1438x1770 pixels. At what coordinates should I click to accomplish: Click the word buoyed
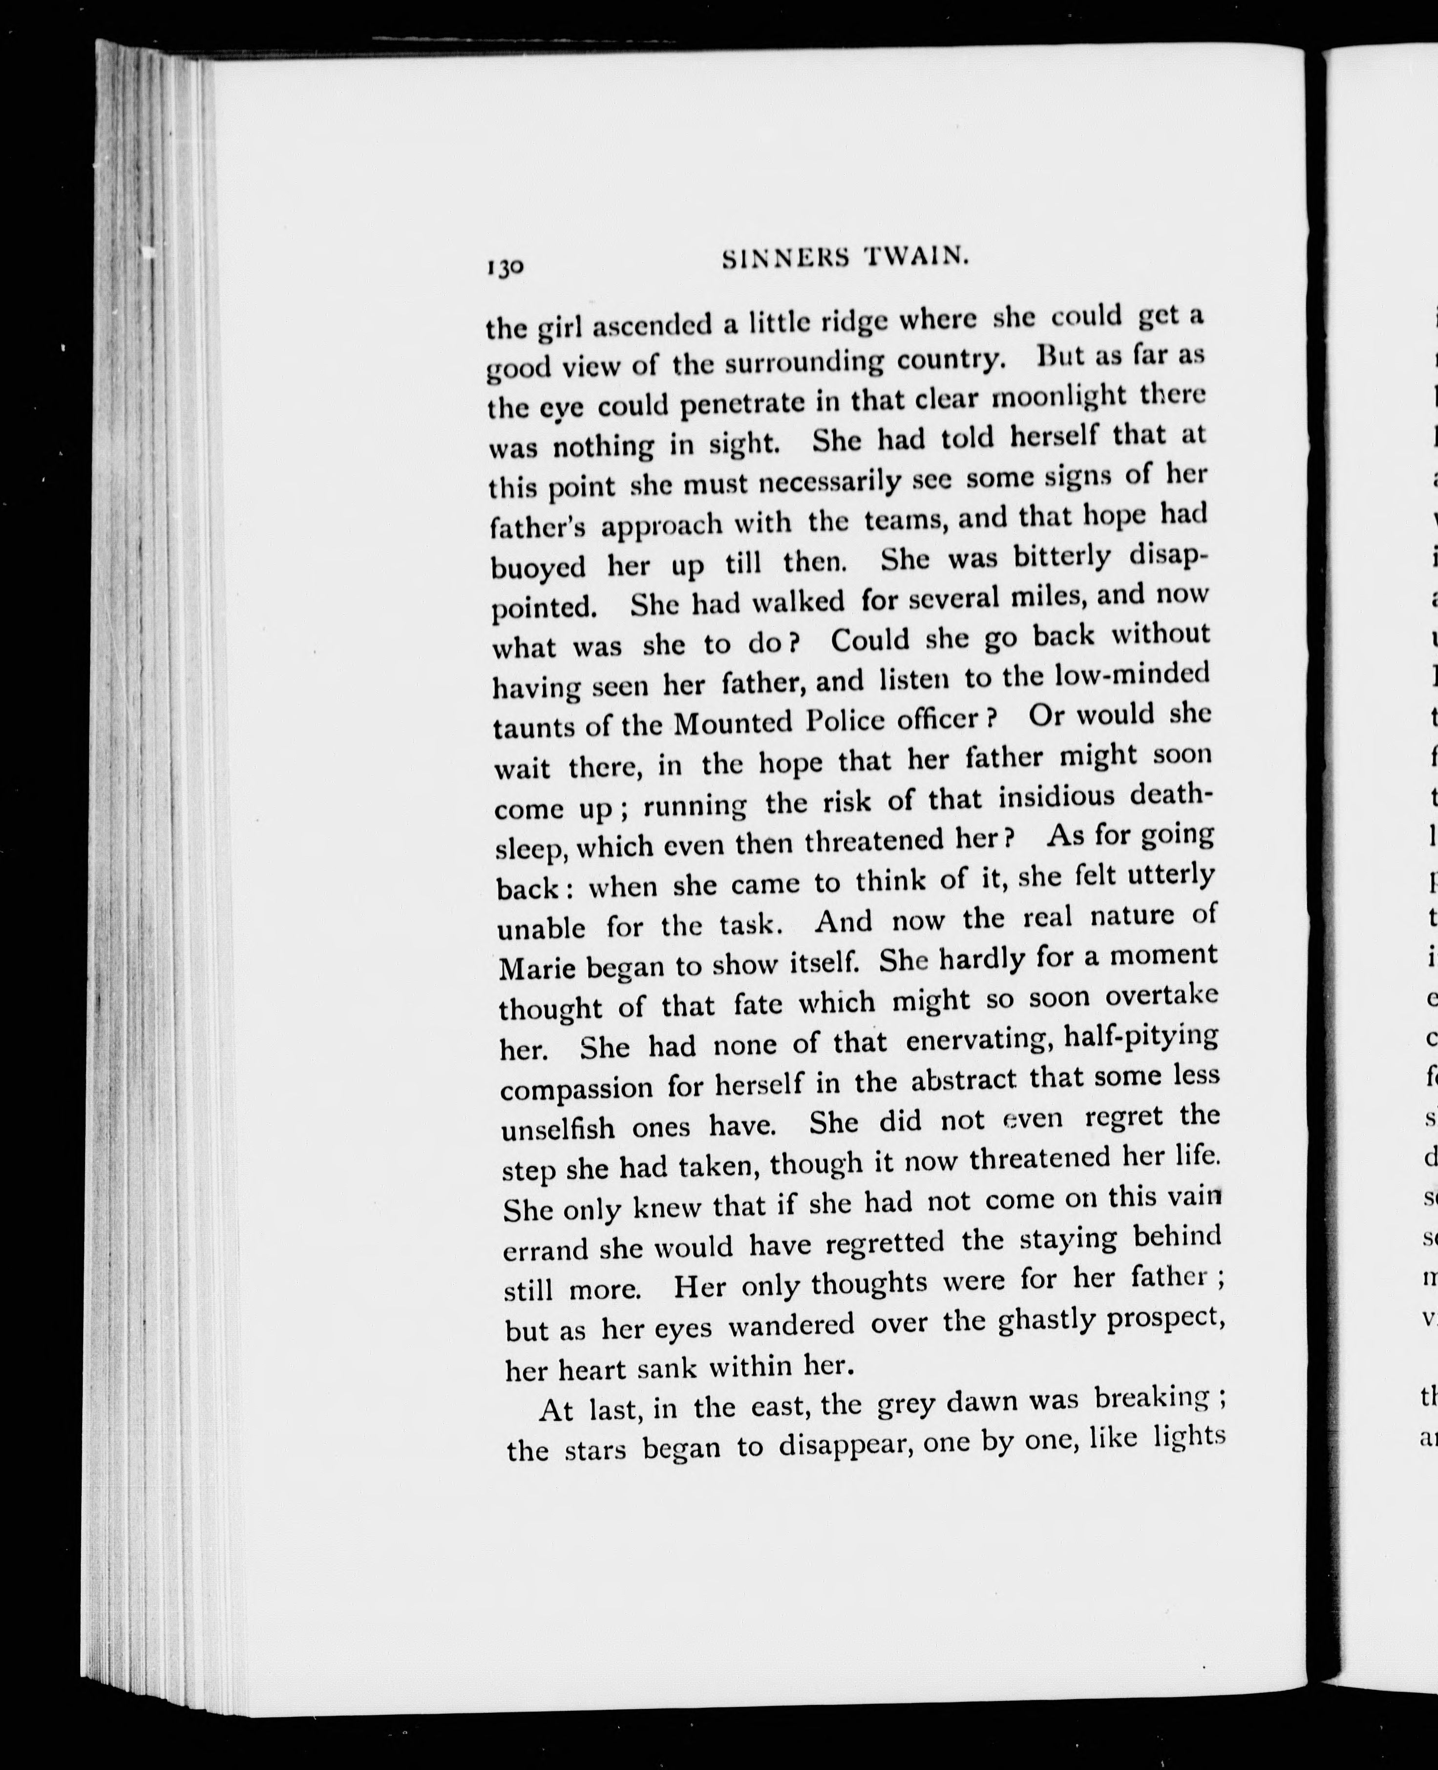point(538,568)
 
